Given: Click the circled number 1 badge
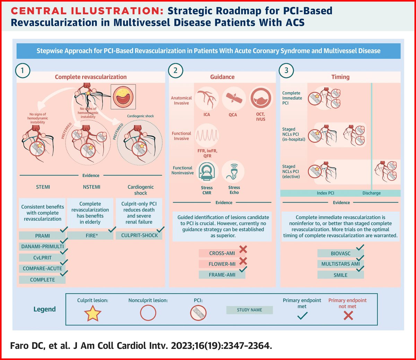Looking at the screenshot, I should (23, 71).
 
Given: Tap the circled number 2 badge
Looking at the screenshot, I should (175, 71).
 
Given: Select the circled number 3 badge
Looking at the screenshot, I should (286, 71).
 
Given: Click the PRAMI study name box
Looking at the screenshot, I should (42, 236).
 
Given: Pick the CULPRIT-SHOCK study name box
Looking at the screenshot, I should (139, 235).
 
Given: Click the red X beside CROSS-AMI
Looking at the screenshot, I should (243, 249).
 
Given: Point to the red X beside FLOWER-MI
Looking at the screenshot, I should (243, 261).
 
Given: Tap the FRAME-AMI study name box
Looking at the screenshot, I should (222, 275).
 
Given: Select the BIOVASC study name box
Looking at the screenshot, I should (340, 254).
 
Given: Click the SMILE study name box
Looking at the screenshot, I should (340, 275).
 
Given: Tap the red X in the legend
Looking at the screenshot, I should (348, 316).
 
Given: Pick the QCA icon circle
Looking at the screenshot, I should (233, 98).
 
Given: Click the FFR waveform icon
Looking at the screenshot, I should (207, 135).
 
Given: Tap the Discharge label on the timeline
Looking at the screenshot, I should (371, 193).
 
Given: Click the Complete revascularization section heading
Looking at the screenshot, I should (91, 77).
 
